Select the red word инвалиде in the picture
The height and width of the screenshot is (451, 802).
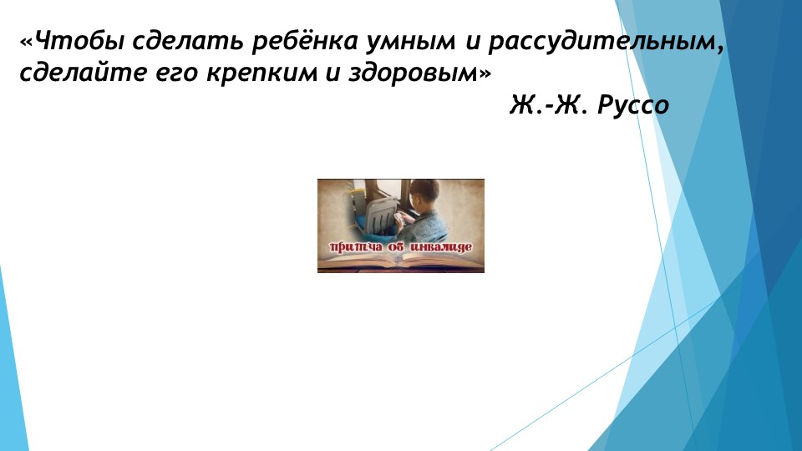pyautogui.click(x=443, y=247)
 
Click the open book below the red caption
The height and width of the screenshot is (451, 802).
pyautogui.click(x=401, y=261)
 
